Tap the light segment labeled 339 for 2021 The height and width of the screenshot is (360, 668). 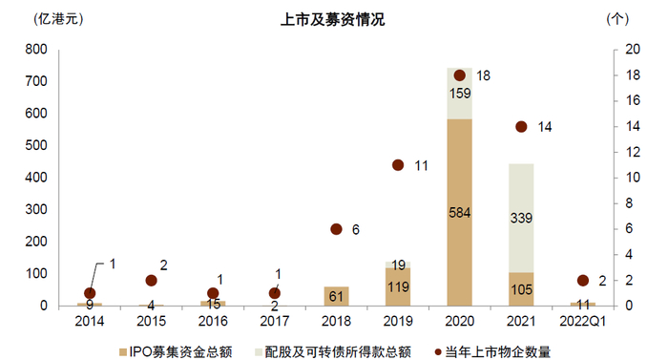pyautogui.click(x=521, y=218)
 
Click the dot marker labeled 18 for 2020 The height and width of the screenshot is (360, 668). pyautogui.click(x=459, y=74)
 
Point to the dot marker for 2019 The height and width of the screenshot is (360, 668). pyautogui.click(x=398, y=164)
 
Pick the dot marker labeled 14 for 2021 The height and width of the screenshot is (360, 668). pyautogui.click(x=521, y=126)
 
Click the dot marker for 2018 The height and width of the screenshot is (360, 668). pyautogui.click(x=336, y=229)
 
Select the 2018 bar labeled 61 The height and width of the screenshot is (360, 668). pyautogui.click(x=336, y=296)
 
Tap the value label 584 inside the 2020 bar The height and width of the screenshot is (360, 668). pyautogui.click(x=460, y=213)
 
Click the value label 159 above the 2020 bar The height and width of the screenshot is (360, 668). pyautogui.click(x=460, y=94)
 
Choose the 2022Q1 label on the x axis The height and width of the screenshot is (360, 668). pyautogui.click(x=582, y=322)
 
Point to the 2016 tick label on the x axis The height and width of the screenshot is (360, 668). pyautogui.click(x=213, y=322)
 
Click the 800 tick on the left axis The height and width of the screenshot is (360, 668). pyautogui.click(x=36, y=50)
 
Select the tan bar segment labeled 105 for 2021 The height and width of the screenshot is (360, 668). pyautogui.click(x=521, y=288)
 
